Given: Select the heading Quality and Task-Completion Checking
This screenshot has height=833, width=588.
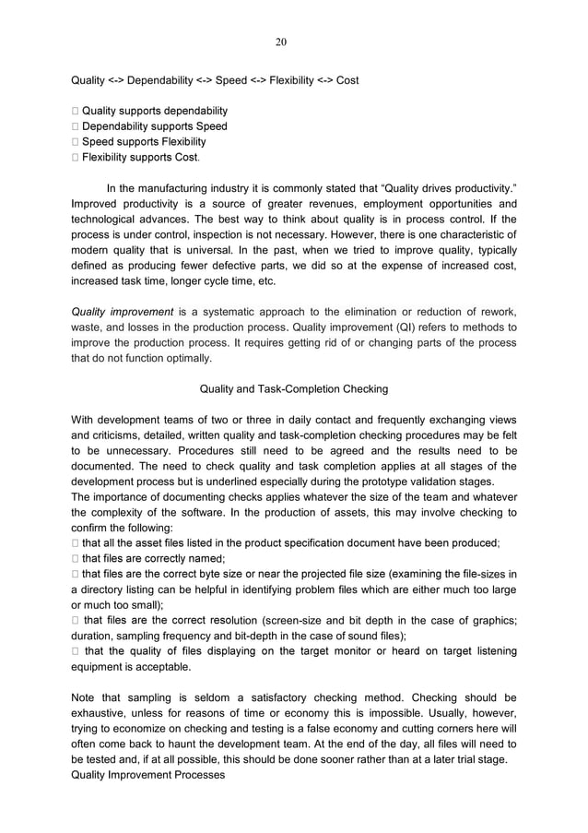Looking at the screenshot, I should [294, 388].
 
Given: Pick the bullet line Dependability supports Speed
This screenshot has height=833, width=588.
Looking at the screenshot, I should [154, 126].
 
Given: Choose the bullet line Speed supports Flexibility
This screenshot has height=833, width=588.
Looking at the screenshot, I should [144, 142].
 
